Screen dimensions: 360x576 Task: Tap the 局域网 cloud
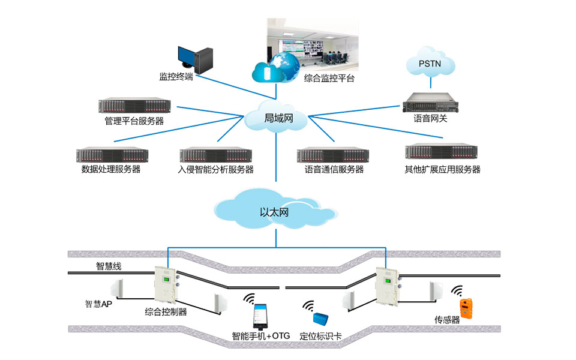(x=277, y=119)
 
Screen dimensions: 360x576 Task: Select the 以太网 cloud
(x=275, y=211)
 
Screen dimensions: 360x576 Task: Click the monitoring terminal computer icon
(x=193, y=58)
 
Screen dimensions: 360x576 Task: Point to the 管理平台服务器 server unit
(x=134, y=106)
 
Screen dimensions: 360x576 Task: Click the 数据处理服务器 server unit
(x=112, y=155)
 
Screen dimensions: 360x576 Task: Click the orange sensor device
(x=465, y=307)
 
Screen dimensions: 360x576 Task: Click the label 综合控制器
(x=166, y=311)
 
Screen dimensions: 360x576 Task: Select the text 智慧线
(x=109, y=266)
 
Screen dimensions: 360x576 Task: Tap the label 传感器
(x=447, y=320)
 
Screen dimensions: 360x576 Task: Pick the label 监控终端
(x=176, y=77)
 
